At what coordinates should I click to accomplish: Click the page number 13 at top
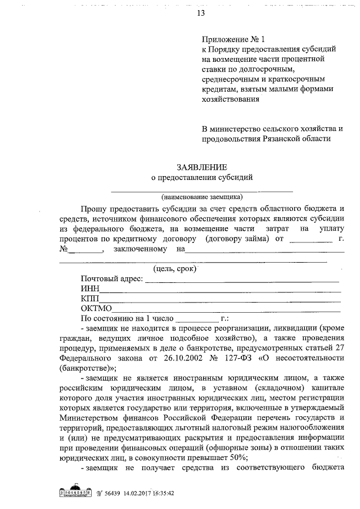pyautogui.click(x=201, y=14)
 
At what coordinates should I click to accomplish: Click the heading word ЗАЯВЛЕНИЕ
pyautogui.click(x=201, y=167)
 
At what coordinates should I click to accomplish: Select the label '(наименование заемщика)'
pyautogui.click(x=201, y=197)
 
